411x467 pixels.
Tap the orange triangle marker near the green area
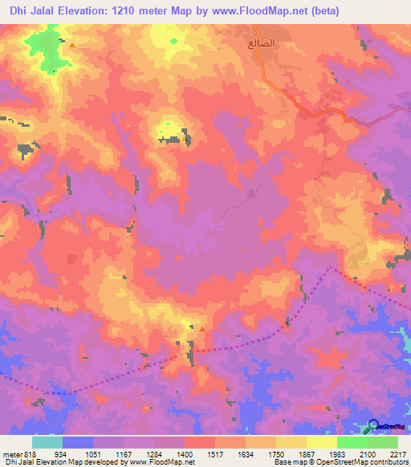(72, 45)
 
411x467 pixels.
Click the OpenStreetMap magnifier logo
(373, 426)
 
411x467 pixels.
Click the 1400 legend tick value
(184, 453)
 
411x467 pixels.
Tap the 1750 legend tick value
(276, 453)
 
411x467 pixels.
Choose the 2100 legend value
(368, 453)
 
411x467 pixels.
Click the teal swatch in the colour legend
(47, 442)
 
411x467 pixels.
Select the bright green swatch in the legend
(352, 442)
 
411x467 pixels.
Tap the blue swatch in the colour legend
(77, 442)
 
